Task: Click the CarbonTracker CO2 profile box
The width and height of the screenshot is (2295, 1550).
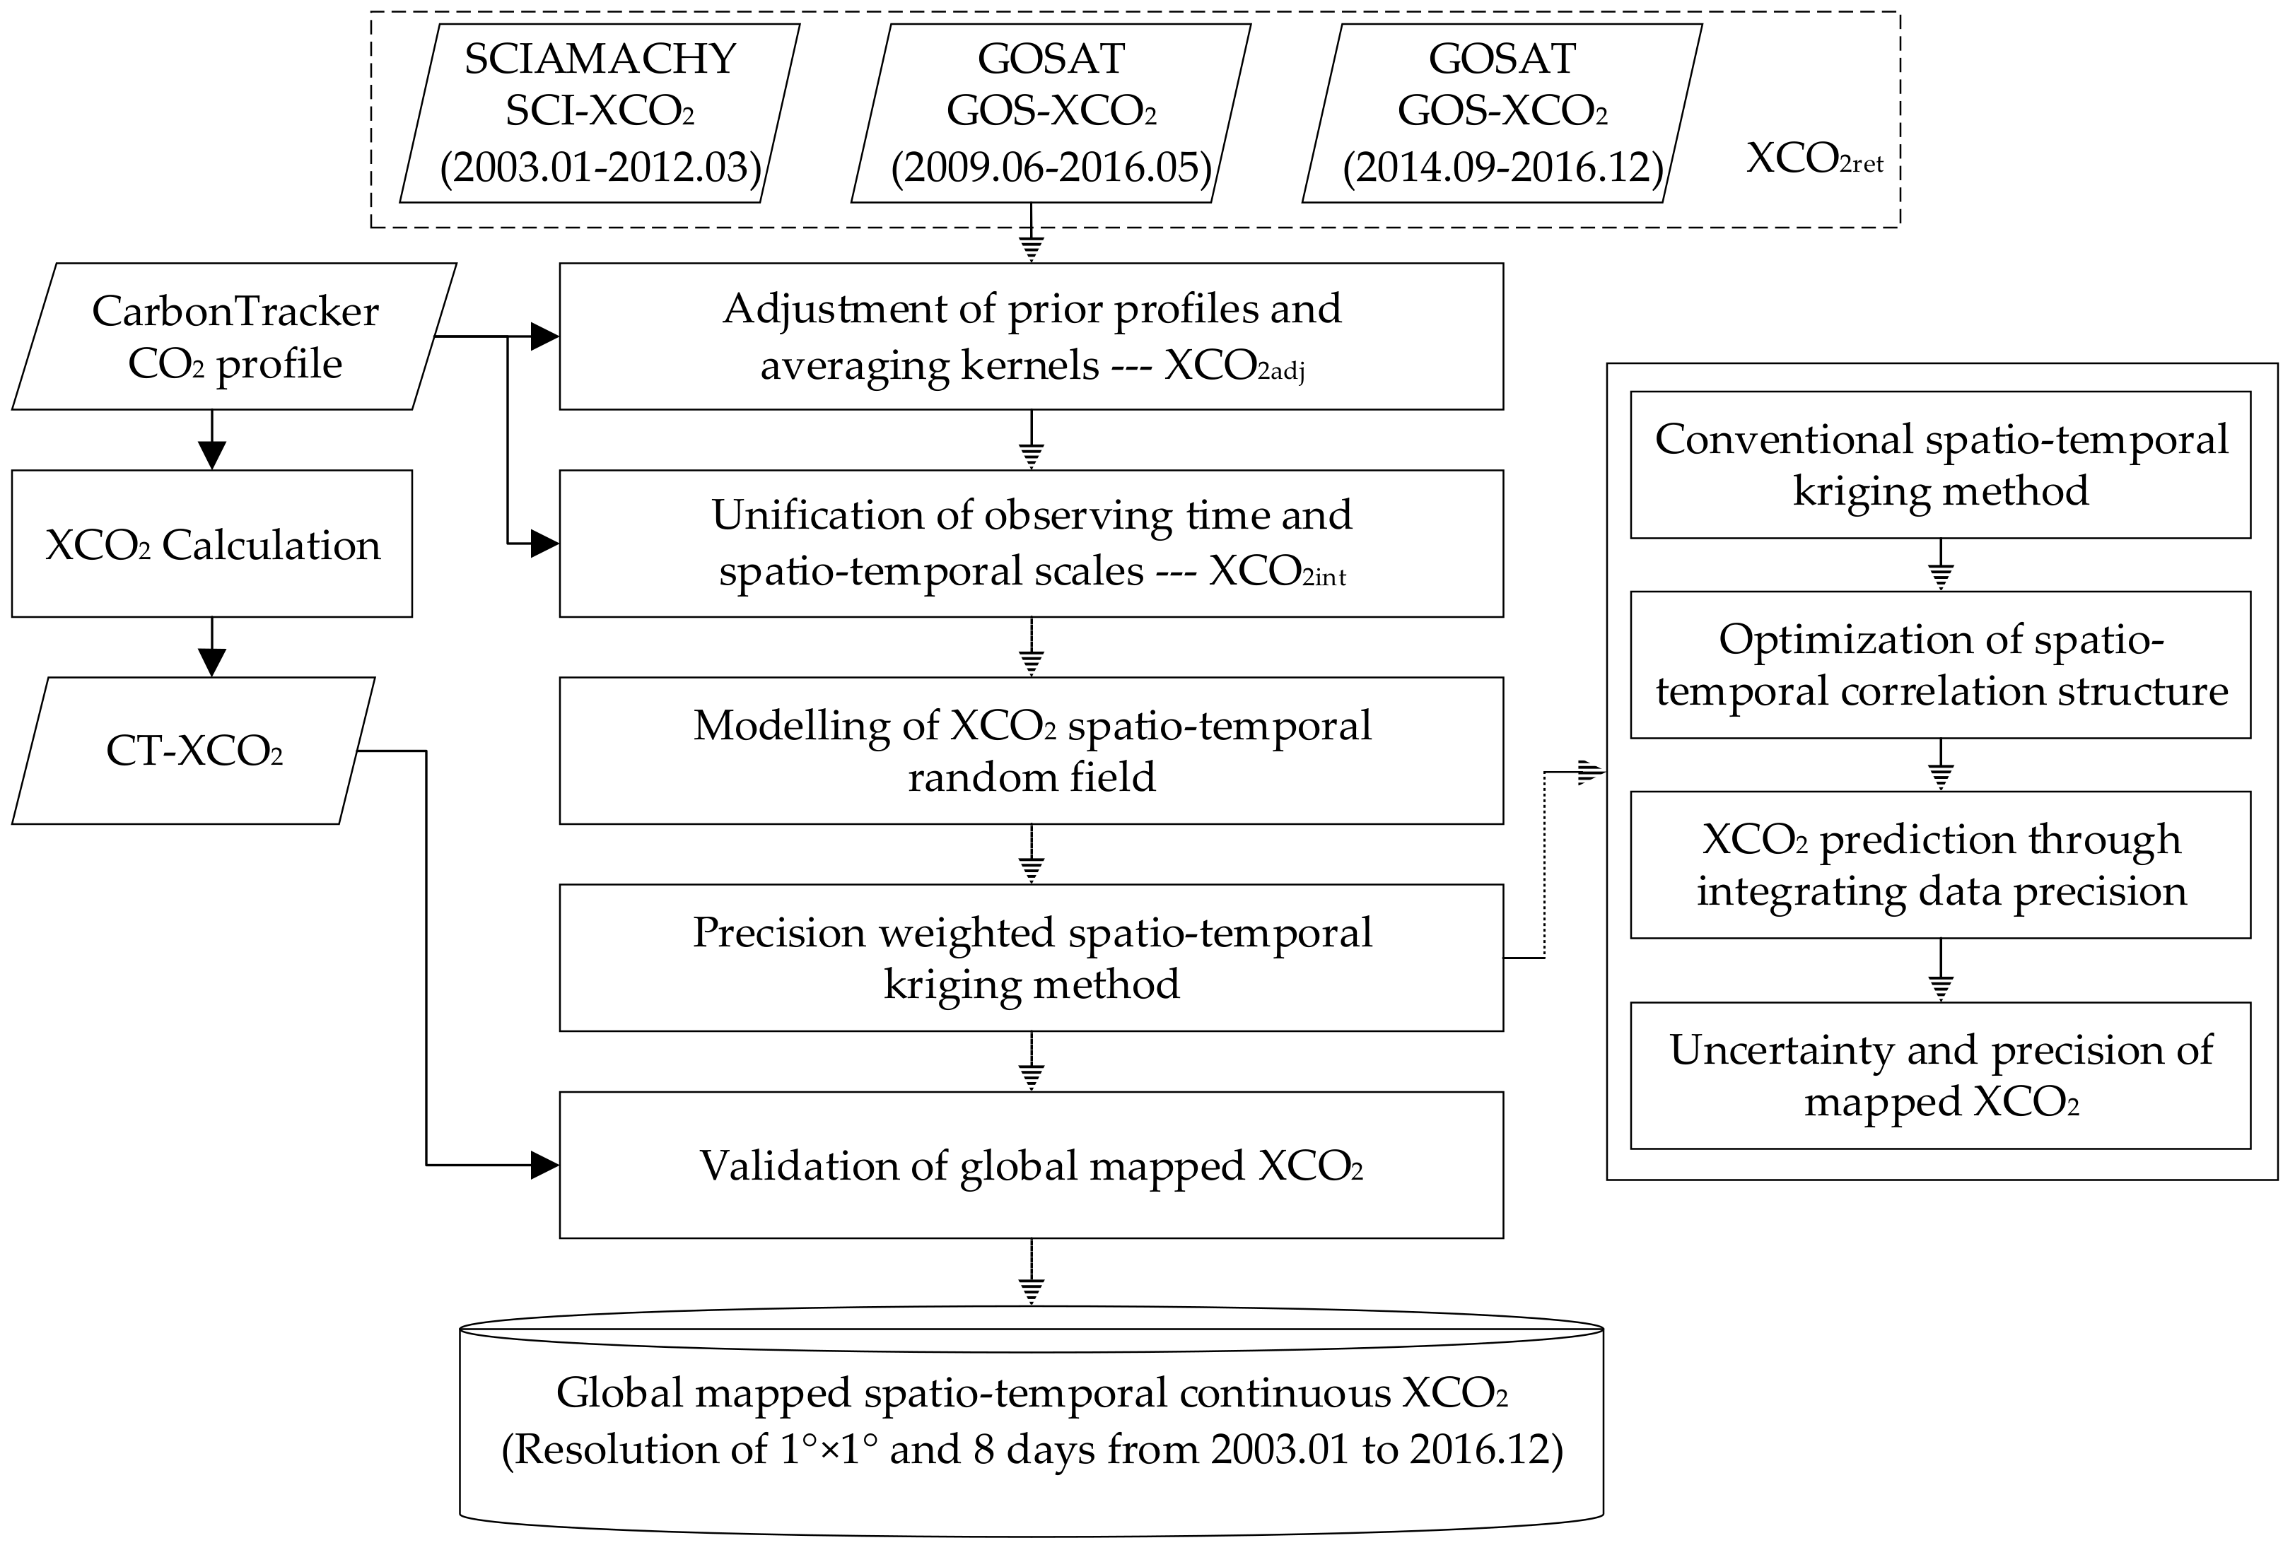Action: pos(234,336)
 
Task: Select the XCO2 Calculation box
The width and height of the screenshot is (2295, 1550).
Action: pos(211,544)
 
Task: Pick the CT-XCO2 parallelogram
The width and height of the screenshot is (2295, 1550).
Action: pos(194,751)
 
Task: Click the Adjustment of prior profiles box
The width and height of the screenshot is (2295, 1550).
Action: pos(1031,336)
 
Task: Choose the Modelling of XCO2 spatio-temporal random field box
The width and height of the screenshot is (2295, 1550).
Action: pos(1031,751)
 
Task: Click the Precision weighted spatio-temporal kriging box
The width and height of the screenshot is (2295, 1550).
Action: pos(1031,958)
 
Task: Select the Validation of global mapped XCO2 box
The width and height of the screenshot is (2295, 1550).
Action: pos(1031,1165)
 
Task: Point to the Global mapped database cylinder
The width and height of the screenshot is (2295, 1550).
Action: pos(1031,1421)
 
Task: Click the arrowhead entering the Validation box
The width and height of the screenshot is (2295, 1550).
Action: pos(544,1165)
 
